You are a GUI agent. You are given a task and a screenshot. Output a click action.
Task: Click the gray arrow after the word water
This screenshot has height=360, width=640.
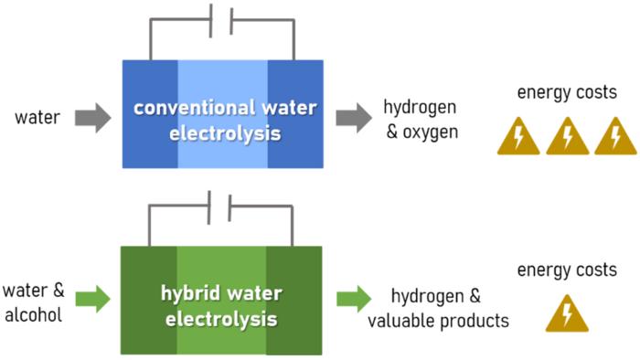(93, 118)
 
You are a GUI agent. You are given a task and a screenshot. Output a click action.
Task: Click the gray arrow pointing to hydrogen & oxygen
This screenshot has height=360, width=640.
(354, 118)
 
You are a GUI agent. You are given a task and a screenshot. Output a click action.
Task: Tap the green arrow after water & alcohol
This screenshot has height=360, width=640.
(93, 300)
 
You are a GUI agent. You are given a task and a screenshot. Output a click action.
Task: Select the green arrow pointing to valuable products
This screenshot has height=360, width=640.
(354, 299)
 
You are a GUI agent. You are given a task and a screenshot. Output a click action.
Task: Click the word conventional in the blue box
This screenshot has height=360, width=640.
(195, 108)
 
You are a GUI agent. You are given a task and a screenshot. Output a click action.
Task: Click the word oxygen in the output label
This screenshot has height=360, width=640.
(431, 132)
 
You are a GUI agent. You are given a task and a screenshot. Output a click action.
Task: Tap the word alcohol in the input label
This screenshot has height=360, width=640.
(34, 315)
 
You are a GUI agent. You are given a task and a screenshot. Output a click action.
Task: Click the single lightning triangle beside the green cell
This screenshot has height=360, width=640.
(567, 314)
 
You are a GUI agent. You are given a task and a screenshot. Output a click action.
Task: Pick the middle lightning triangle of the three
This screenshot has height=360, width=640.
(568, 137)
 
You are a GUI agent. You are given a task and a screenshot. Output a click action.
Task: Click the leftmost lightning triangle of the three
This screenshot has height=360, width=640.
(518, 137)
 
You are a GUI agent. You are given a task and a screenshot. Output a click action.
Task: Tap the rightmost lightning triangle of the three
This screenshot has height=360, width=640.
(615, 137)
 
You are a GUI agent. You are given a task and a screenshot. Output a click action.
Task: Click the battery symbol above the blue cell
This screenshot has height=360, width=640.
(221, 20)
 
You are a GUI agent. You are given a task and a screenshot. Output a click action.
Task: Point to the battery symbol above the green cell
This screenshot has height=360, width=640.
(219, 207)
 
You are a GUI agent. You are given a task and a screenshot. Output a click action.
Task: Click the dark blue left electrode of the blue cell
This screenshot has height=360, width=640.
(150, 114)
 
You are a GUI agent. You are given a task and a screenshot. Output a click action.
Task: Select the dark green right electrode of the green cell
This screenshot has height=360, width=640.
(294, 301)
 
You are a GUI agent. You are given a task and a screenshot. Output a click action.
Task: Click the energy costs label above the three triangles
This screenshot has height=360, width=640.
(567, 92)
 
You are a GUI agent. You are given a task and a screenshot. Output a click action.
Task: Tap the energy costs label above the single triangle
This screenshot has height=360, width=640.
(567, 270)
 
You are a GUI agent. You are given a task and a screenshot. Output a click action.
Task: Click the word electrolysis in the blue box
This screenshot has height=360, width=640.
(225, 133)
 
